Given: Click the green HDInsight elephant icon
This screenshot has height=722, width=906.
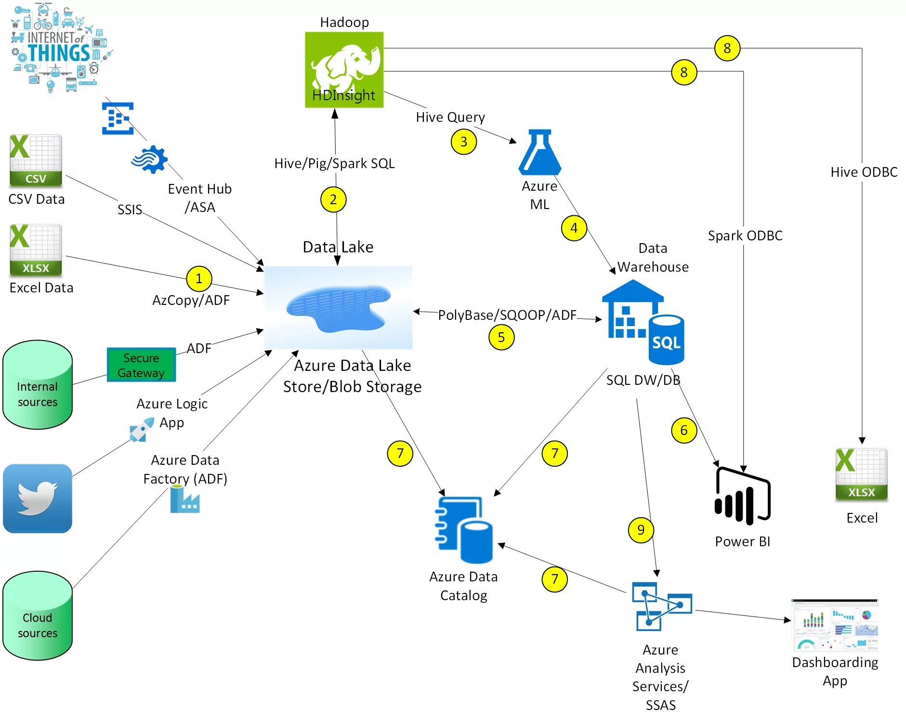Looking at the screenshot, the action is [344, 70].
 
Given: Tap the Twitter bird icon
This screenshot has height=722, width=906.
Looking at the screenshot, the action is [38, 499].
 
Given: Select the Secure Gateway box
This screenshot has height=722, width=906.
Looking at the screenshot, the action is [141, 365].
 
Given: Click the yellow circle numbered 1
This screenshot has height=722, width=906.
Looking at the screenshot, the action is [199, 279].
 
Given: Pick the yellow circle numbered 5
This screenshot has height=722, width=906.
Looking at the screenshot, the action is [501, 337].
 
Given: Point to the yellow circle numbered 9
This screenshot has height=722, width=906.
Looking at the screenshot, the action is [641, 530].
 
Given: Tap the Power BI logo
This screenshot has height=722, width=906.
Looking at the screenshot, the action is [742, 496].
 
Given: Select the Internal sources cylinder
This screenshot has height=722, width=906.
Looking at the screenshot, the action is [38, 385].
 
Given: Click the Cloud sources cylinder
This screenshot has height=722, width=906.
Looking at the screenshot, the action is [38, 616].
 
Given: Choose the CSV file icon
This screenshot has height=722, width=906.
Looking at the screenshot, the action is [36, 161].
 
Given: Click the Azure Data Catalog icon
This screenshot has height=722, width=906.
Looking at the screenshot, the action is [464, 529].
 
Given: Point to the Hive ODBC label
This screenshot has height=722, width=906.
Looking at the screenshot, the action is [864, 172].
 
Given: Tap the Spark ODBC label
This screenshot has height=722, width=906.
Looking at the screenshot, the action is [745, 236].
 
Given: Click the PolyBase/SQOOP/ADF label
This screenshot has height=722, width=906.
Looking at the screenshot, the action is [507, 315].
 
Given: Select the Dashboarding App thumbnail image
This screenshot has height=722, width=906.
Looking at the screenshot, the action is [835, 625].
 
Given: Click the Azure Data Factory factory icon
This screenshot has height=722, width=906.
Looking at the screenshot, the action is [185, 499].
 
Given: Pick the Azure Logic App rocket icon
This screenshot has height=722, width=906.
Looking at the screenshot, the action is [142, 429].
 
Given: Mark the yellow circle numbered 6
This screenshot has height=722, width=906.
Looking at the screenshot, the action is [684, 430].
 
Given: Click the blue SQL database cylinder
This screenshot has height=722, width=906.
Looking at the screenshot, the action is [667, 340].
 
